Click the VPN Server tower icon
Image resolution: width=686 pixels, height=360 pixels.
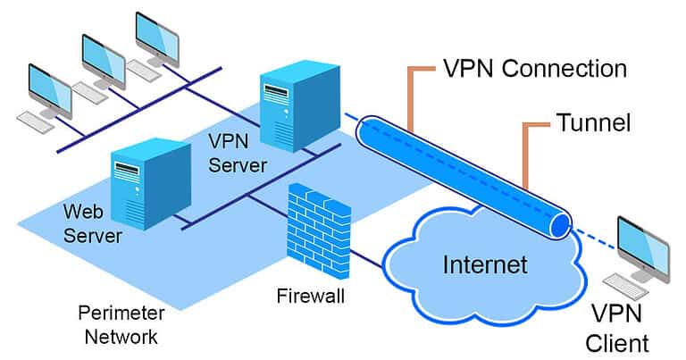coord(300,106)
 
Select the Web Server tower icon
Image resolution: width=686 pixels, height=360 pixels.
coord(150,184)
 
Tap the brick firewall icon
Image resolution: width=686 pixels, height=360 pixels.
coord(319,231)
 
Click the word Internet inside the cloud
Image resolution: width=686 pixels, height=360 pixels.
coord(485,264)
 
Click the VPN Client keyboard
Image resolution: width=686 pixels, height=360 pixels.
coord(626,286)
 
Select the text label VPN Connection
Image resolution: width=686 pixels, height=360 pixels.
coord(535,69)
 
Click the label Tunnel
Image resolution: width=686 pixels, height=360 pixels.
coord(593,123)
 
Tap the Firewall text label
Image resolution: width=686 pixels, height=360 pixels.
coord(311,297)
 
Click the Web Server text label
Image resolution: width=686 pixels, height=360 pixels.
coord(92,223)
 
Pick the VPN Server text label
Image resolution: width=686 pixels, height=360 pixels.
coord(237,153)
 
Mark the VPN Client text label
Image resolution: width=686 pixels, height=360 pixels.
coord(617,329)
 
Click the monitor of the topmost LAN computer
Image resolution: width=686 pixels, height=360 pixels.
coord(157,38)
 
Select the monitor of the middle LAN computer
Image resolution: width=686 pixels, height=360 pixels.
coord(104,62)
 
